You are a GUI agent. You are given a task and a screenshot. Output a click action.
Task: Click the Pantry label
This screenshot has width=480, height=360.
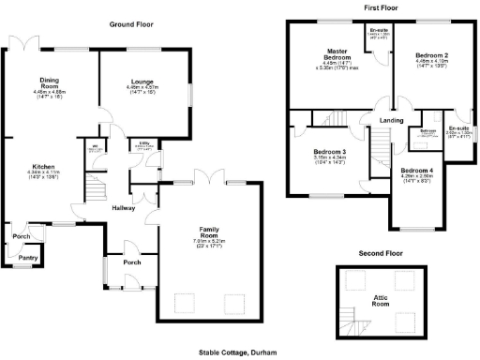click(x=27, y=256)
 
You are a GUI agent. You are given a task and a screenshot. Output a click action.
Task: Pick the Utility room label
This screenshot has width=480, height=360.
click(x=145, y=144)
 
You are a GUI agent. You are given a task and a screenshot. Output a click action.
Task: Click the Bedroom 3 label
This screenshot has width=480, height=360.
click(x=329, y=152)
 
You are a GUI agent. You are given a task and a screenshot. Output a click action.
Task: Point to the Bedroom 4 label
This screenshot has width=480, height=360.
click(x=416, y=172)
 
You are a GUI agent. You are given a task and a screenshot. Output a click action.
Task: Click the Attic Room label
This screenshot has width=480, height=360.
click(x=380, y=302)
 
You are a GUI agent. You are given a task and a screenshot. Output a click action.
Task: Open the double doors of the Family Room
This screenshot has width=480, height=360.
click(x=207, y=178)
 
